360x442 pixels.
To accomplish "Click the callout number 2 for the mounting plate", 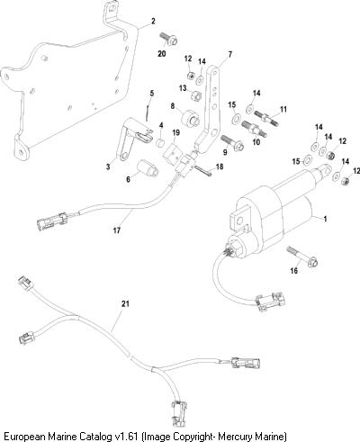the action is click(153, 22).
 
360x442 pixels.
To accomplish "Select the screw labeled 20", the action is click(168, 39).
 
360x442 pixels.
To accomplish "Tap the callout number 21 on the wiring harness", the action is click(125, 303).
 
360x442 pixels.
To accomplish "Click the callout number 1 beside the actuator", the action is click(325, 219).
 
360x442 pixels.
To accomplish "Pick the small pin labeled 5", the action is click(148, 113).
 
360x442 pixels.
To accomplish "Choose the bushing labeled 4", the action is click(161, 142).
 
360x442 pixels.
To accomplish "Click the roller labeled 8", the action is click(190, 119).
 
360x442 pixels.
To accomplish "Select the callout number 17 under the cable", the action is click(117, 230).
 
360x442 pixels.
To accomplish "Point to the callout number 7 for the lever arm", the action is click(230, 54).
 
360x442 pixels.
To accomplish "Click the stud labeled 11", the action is click(266, 118).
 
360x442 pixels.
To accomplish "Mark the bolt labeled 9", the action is click(232, 143).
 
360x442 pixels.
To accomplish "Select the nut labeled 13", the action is click(196, 95).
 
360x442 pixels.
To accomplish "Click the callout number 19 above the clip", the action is click(176, 132).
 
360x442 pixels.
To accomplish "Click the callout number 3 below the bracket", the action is click(108, 167).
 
